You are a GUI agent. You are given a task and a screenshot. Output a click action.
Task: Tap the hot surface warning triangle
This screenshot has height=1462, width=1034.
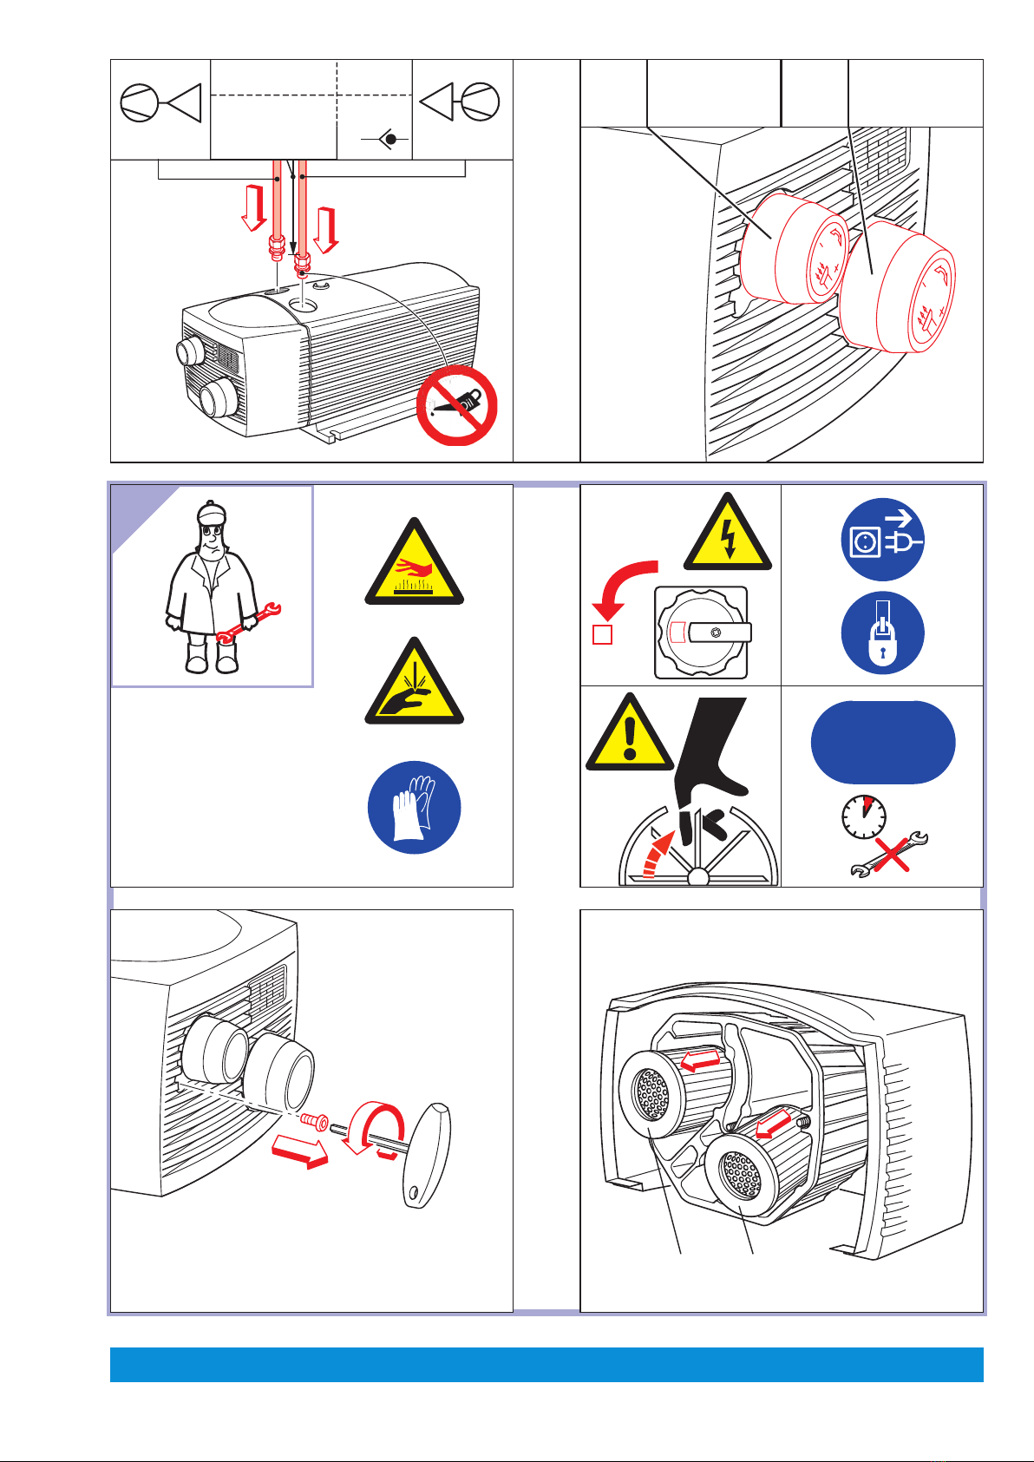point(415,568)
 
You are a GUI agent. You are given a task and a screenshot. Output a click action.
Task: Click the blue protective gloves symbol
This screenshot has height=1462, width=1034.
point(414,809)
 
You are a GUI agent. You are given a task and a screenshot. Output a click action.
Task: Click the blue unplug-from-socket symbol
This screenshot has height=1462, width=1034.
point(882,540)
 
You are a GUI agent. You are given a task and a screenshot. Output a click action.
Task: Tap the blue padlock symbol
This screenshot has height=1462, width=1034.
point(882,633)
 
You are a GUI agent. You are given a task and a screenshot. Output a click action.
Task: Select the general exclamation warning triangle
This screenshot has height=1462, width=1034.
point(629,738)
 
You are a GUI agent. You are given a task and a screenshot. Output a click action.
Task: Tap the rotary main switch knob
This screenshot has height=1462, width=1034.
point(701,633)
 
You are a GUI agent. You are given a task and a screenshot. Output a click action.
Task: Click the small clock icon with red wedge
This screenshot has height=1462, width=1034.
point(864,816)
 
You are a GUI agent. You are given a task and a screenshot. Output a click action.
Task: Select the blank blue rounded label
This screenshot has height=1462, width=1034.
point(882,743)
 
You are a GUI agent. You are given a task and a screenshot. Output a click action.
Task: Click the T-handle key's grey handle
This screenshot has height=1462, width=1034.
point(428,1154)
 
